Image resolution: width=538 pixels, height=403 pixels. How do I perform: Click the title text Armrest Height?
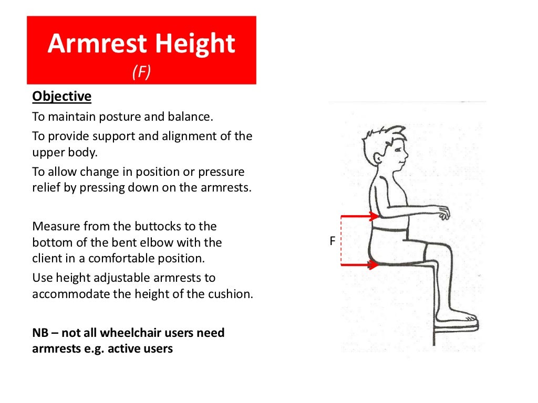pos(141,44)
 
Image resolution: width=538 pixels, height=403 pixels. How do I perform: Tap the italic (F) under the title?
pos(141,72)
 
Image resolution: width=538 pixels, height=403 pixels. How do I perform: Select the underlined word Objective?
pos(61,97)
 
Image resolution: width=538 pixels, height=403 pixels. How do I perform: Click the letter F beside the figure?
pos(332,241)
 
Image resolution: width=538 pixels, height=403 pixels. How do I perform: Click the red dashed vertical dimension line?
pos(342,240)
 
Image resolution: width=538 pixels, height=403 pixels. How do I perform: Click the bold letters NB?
pos(41,333)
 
